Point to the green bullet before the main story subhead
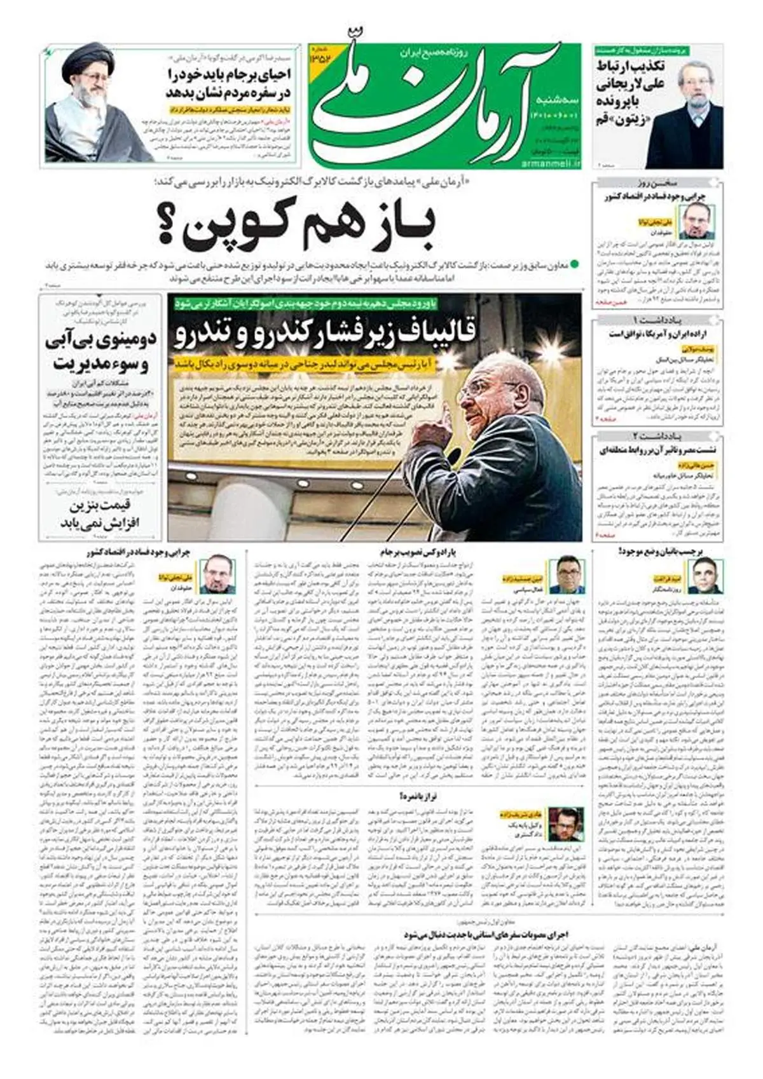576,263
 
